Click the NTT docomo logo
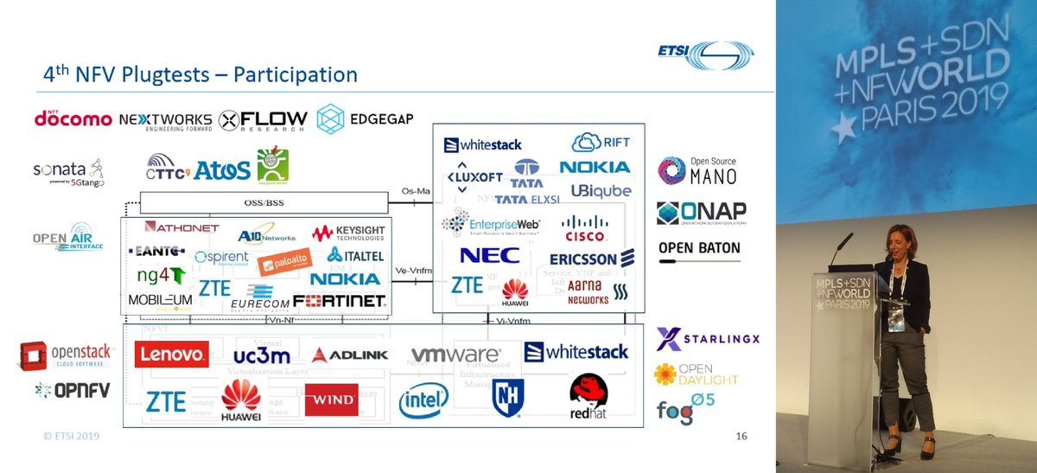(73, 118)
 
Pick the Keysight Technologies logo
(347, 233)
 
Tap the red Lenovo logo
(171, 354)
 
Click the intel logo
(423, 399)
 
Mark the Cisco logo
(584, 229)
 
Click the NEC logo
(489, 256)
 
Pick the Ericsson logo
(592, 259)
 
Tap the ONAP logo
(701, 213)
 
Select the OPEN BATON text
(699, 248)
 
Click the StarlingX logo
(707, 339)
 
